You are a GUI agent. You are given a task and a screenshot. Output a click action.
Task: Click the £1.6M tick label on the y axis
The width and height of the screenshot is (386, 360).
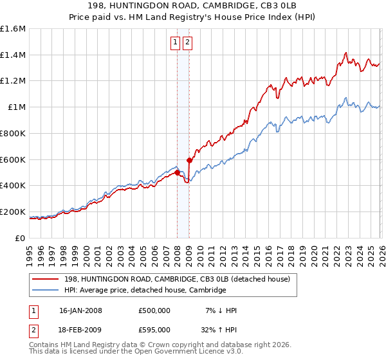(13, 29)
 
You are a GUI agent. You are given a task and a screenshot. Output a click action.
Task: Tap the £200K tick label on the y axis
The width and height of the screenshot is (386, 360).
(13, 212)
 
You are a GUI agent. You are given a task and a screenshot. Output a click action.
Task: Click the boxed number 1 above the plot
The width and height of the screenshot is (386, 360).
(175, 43)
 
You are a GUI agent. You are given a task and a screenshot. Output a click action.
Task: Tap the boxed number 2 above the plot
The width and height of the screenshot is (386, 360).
(187, 43)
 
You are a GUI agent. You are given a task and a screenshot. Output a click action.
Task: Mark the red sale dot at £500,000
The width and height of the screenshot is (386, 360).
(177, 172)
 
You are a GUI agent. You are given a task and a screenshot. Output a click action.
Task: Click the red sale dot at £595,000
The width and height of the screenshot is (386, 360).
(189, 160)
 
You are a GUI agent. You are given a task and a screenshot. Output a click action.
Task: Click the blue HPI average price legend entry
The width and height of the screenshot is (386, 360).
(145, 290)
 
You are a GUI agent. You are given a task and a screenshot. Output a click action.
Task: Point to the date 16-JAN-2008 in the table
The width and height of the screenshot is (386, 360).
(80, 310)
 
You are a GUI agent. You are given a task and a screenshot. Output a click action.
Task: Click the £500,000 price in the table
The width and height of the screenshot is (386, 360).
(154, 310)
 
